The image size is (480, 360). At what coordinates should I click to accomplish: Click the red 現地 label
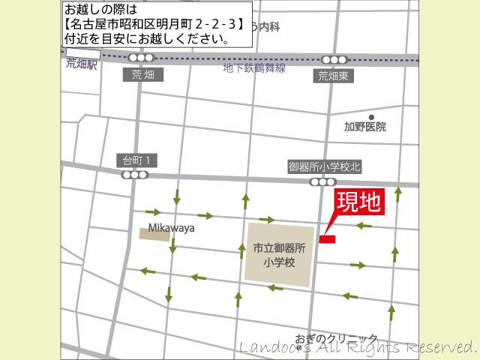tap(358, 202)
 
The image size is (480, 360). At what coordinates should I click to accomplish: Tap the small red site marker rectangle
tap(327, 239)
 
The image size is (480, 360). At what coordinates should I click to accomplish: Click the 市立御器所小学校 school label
tap(279, 255)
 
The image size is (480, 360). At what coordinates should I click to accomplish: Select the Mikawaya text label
tap(171, 228)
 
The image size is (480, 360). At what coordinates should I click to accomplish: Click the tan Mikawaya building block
tap(154, 235)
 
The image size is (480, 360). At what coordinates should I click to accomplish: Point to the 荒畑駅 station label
tap(81, 64)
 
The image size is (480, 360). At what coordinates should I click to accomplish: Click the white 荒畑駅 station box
tap(78, 53)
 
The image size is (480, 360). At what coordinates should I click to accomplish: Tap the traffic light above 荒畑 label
tap(141, 58)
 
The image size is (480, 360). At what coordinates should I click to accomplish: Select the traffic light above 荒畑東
tap(334, 60)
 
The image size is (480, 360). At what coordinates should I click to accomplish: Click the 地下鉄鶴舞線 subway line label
tap(255, 68)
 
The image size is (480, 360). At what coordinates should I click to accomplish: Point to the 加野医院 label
tap(365, 127)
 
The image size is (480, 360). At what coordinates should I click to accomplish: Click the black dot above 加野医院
tap(370, 117)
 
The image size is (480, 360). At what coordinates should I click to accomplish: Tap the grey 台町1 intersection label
tap(137, 160)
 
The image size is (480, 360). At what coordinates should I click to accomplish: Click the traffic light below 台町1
tap(136, 175)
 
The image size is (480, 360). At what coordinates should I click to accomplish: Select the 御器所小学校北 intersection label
tap(324, 167)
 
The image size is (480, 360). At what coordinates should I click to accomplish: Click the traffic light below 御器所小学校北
tap(323, 182)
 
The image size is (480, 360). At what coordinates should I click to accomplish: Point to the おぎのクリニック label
tap(336, 339)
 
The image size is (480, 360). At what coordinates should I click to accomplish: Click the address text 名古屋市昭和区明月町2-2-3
tap(154, 24)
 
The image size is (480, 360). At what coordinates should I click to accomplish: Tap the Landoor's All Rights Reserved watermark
tap(358, 347)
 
